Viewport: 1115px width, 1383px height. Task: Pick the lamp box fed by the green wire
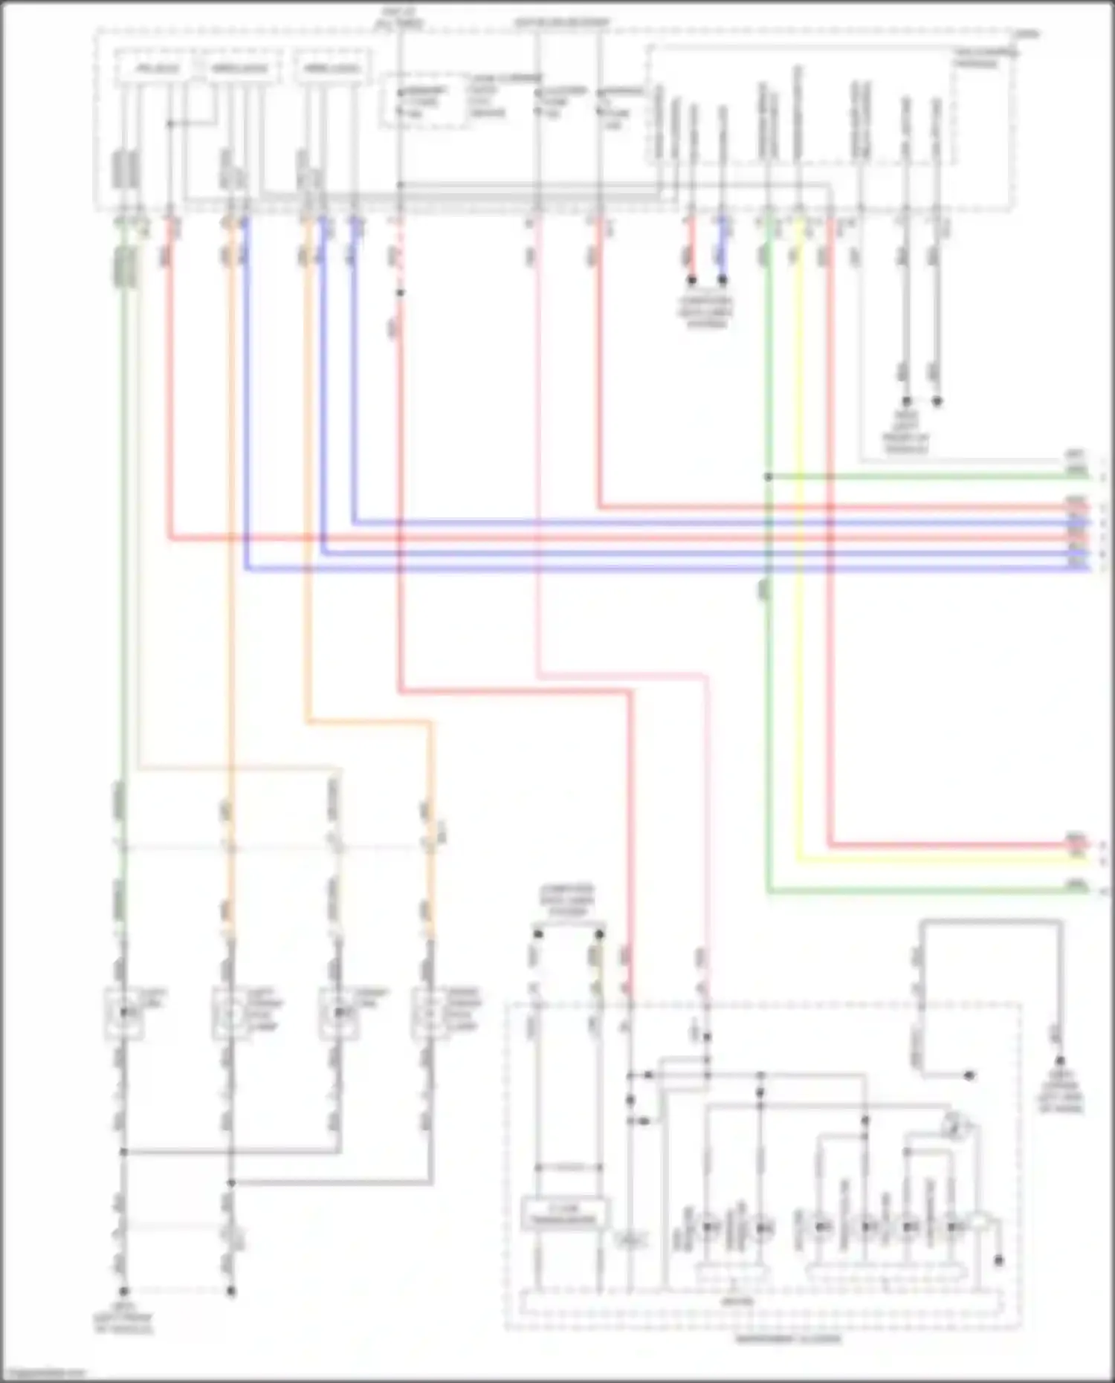123,1013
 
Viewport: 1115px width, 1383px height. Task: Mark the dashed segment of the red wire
399,253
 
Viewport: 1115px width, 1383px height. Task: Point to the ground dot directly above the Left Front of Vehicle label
124,1292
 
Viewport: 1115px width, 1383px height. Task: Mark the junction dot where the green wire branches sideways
768,476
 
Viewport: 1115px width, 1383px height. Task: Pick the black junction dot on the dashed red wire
400,293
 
